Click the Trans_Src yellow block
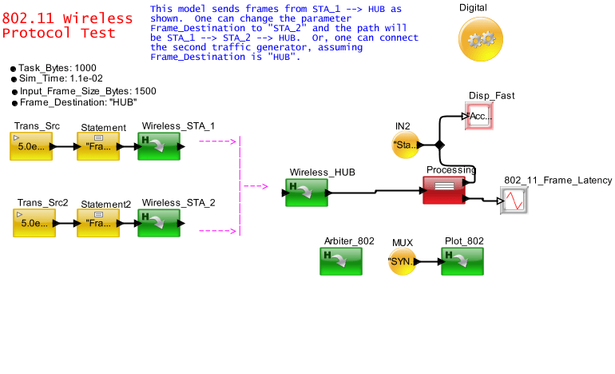(31, 147)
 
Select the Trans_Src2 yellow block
(34, 223)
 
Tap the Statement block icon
(98, 147)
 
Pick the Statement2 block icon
(98, 223)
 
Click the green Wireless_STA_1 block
(159, 146)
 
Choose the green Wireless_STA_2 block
(159, 223)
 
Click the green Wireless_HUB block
(307, 193)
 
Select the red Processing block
(443, 190)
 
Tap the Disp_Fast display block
(481, 117)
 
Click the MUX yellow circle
(403, 261)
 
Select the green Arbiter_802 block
(341, 261)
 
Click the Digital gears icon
(480, 39)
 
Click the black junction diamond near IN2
(438, 145)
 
